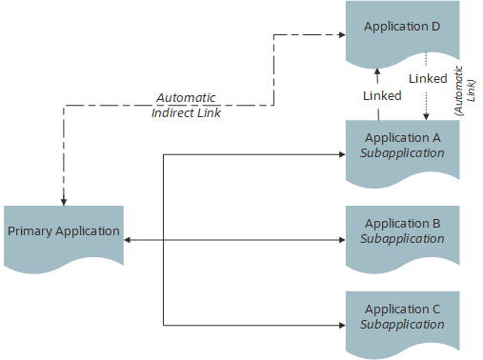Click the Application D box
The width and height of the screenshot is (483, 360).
pyautogui.click(x=402, y=33)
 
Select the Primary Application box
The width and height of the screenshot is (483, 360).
pyautogui.click(x=64, y=232)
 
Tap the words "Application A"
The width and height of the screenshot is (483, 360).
pyautogui.click(x=402, y=137)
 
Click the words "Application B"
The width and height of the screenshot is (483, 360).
pyautogui.click(x=402, y=224)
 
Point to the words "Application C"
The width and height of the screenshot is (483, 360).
pyautogui.click(x=402, y=310)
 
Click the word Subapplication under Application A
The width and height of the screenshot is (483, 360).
pyautogui.click(x=402, y=152)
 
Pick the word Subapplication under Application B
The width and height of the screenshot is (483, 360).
pyautogui.click(x=402, y=238)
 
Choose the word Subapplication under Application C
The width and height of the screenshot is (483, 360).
pyautogui.click(x=402, y=324)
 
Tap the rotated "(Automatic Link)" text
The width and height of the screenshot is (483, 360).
pyautogui.click(x=463, y=91)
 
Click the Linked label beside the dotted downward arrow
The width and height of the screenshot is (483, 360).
pyautogui.click(x=428, y=78)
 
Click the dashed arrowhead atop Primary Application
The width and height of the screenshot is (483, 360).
pyautogui.click(x=64, y=200)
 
